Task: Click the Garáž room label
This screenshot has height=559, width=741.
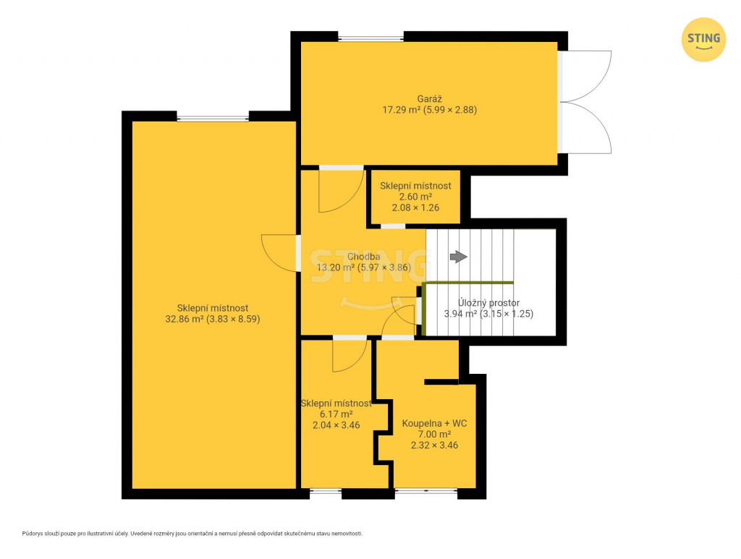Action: [x=430, y=99]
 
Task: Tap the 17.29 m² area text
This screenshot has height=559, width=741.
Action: [x=401, y=110]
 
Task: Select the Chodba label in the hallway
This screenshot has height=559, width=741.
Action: [x=363, y=257]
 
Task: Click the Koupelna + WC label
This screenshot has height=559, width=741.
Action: [x=434, y=424]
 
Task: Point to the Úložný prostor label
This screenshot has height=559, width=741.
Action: [x=488, y=302]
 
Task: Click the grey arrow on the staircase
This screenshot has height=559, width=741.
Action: [x=458, y=257]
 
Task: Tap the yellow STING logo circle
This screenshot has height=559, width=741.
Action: [x=703, y=40]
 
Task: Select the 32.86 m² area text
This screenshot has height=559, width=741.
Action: [x=185, y=319]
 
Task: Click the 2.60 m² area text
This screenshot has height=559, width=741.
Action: [x=415, y=197]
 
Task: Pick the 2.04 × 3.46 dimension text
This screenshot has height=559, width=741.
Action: [x=336, y=425]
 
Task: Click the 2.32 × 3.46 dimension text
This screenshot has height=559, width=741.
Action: [x=434, y=445]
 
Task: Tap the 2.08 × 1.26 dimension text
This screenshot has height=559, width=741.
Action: [x=415, y=208]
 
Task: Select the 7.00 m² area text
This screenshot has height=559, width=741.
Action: [x=434, y=435]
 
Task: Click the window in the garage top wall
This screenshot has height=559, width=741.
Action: [x=371, y=38]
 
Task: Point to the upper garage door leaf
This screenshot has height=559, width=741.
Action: [x=585, y=76]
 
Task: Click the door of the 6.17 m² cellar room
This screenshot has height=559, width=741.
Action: [x=350, y=355]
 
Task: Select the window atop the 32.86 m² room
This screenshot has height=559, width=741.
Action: [x=213, y=117]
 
